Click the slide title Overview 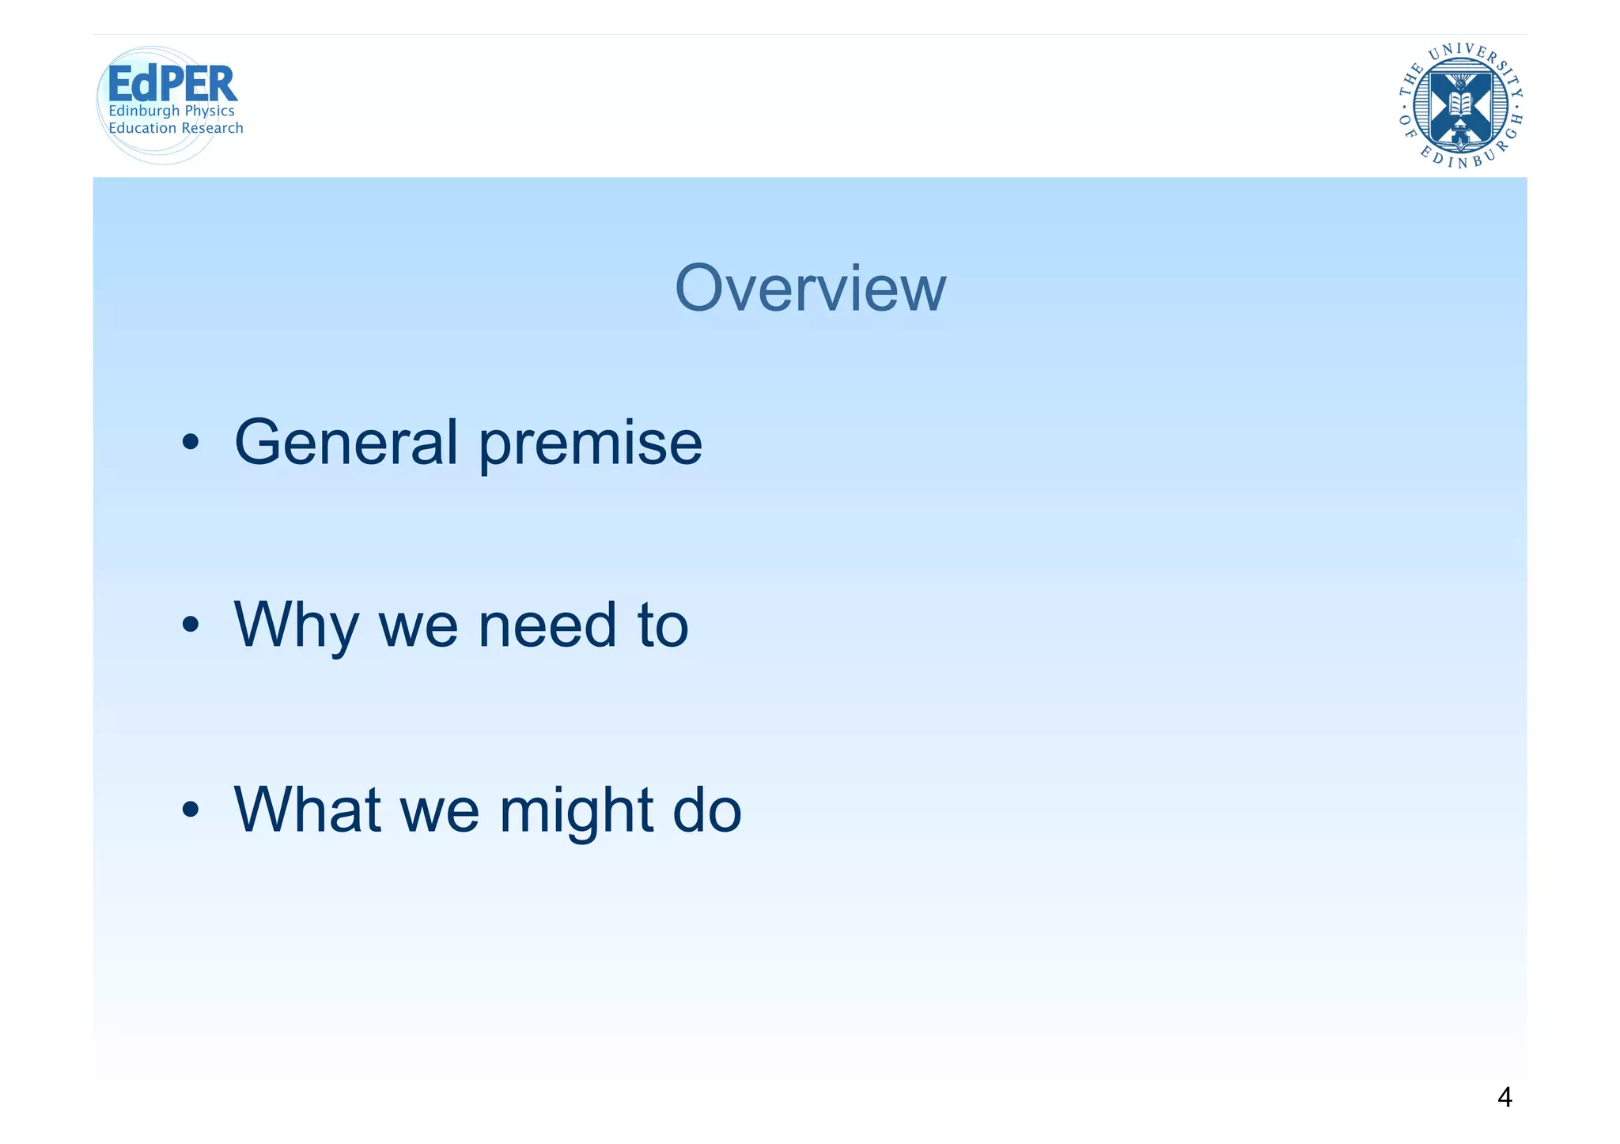(x=810, y=289)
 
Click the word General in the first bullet (x=346, y=442)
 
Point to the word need (x=547, y=626)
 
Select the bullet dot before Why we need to (x=190, y=626)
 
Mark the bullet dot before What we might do (x=190, y=810)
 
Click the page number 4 (x=1505, y=1097)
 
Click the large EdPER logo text (x=172, y=84)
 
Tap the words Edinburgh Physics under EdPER (x=172, y=111)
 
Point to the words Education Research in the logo (x=176, y=128)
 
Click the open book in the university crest (x=1460, y=103)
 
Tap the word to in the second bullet (x=663, y=626)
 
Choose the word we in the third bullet (x=440, y=812)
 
